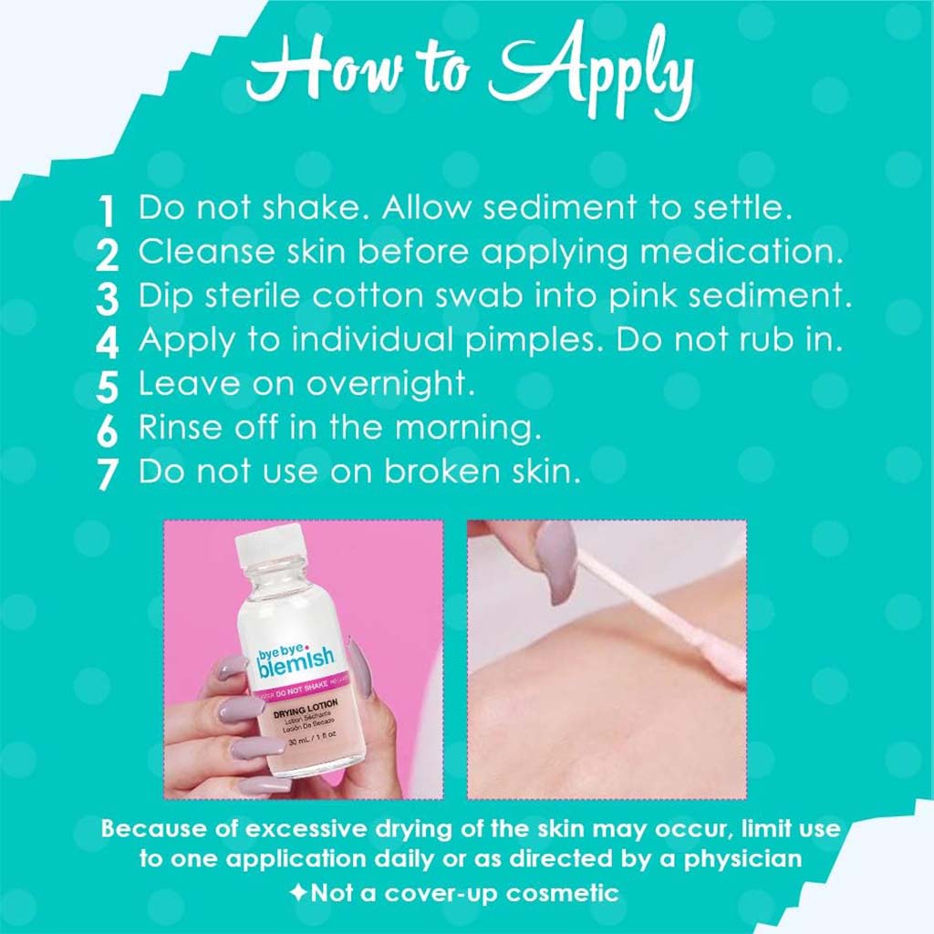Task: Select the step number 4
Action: point(107,344)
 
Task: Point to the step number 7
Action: point(107,475)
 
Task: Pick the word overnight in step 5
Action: point(390,384)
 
